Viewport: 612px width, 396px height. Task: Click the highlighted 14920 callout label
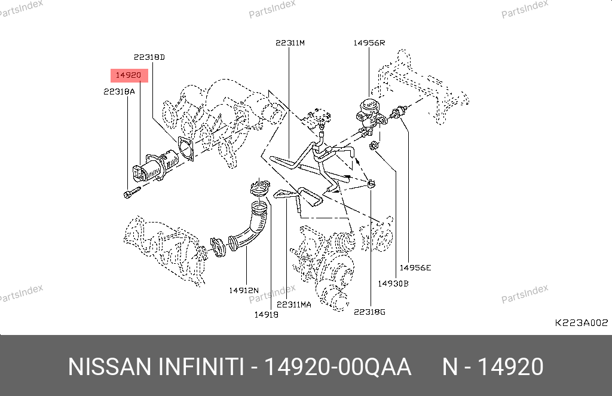pos(129,75)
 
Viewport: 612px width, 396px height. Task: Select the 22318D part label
pos(149,57)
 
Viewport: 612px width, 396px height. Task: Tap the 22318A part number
pos(119,92)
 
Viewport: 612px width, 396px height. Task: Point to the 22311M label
pos(290,43)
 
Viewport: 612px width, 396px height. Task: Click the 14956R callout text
pos(369,43)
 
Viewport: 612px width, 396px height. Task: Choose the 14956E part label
pos(415,268)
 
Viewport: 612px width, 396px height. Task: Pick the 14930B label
pos(393,284)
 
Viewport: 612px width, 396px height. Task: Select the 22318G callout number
pos(369,312)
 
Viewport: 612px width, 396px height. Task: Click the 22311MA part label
pos(294,304)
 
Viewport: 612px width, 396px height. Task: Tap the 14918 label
pos(266,315)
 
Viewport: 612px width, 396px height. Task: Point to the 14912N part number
pos(244,291)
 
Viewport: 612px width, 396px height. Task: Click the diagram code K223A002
pos(582,323)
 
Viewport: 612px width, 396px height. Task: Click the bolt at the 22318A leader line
pos(131,193)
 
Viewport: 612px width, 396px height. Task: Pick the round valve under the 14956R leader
pos(368,106)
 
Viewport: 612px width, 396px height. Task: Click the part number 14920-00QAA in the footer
pos(338,367)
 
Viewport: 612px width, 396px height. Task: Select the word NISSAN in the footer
pos(110,367)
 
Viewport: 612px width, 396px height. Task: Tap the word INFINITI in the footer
pos(201,367)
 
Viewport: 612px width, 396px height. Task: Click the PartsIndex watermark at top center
pos(272,9)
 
